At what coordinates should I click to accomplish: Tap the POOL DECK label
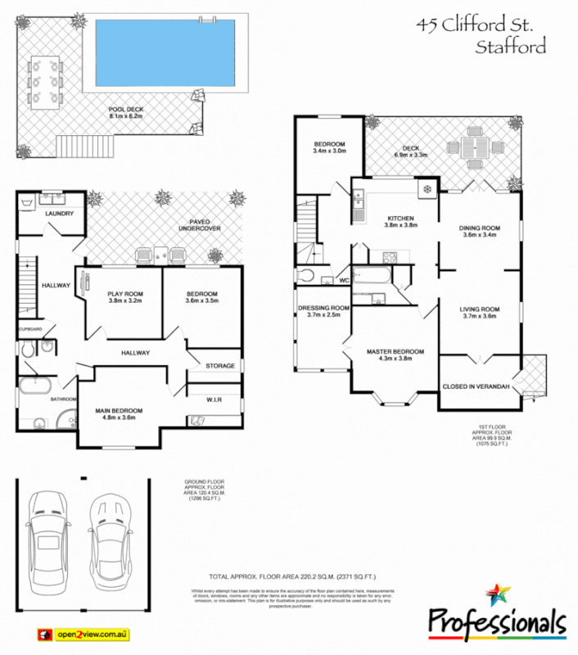coord(125,112)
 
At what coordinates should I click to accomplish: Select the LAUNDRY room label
coord(60,215)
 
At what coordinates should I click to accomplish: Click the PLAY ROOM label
coord(125,294)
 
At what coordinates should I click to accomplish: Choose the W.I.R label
coord(216,400)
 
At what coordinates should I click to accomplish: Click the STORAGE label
coord(220,366)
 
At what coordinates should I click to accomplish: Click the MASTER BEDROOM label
coord(395,352)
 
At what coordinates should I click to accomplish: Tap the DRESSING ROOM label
coord(323,308)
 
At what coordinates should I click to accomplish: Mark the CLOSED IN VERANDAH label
coord(476,386)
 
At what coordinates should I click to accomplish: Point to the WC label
coord(344,281)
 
